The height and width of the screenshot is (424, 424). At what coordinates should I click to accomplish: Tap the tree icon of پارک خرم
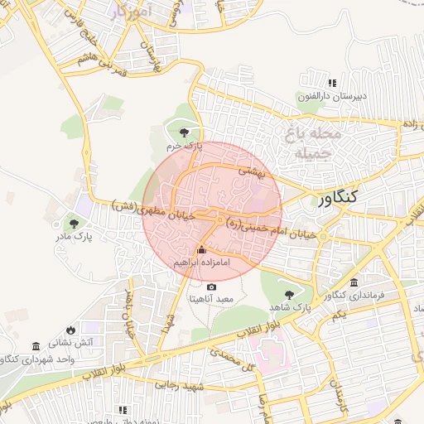pos(184,132)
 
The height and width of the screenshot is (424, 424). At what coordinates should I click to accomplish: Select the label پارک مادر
pos(75,237)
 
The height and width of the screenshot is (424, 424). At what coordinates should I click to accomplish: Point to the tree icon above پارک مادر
pos(75,223)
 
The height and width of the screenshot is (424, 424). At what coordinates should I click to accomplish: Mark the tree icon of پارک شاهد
pos(289,295)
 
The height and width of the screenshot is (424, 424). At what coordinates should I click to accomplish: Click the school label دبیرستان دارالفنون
pos(326,97)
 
